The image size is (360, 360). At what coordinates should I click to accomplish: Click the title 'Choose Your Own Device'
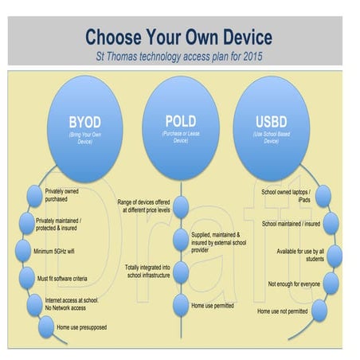pos(178,37)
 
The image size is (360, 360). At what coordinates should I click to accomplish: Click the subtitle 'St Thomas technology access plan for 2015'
pos(178,56)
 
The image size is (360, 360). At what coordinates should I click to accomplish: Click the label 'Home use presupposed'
pos(81,327)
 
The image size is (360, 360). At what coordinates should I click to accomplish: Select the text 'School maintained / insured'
pos(288,224)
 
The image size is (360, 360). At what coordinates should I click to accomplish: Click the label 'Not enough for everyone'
pos(293,284)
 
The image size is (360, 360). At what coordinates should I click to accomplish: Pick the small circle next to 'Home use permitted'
pos(181,303)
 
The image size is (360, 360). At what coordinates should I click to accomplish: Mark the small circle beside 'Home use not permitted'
pos(319,311)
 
